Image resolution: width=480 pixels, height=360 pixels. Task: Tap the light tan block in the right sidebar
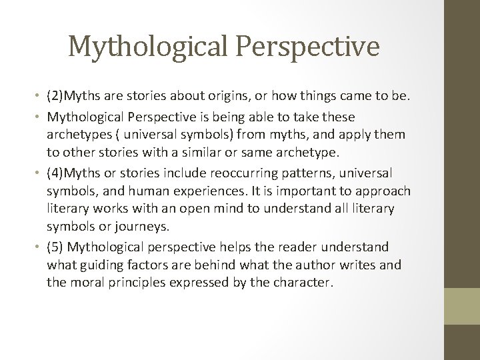coord(463,306)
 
